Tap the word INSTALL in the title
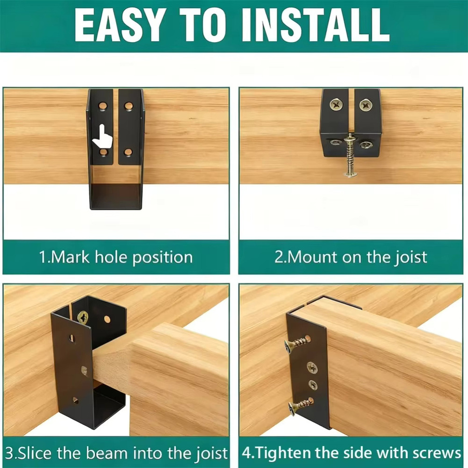coord(316,25)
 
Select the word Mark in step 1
coord(70,257)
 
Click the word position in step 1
coord(162,258)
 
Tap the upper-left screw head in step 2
coord(336,105)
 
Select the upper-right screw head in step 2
coord(366,105)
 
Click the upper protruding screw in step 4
coord(297,344)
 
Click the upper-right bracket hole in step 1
coord(128,106)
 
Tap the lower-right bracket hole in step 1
coord(128,152)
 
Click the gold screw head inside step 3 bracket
coord(83,318)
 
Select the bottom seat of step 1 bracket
coord(116,197)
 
